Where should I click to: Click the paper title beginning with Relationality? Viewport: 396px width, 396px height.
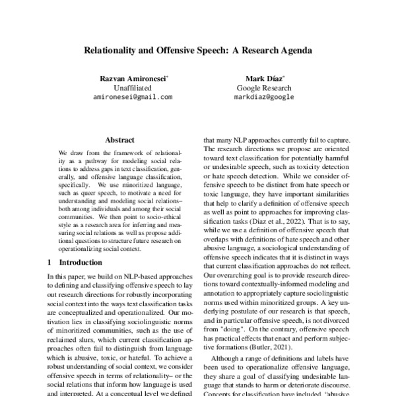[197, 49]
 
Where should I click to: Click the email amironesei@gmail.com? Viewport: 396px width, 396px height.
[133, 96]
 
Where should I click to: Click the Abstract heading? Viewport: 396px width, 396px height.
[119, 140]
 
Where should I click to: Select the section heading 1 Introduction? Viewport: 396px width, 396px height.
[76, 262]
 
